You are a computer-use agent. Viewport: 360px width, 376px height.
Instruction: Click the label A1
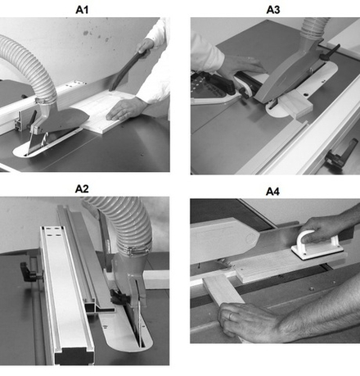82,10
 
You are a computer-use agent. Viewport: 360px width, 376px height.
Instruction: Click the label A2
82,188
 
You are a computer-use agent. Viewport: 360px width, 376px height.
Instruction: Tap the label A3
273,10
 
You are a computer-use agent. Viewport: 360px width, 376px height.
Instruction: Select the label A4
272,192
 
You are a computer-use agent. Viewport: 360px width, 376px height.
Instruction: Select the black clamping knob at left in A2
29,271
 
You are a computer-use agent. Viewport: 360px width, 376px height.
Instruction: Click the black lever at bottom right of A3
342,154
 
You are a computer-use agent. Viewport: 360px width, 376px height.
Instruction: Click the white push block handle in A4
317,242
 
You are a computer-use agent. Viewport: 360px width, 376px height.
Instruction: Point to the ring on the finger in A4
231,316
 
